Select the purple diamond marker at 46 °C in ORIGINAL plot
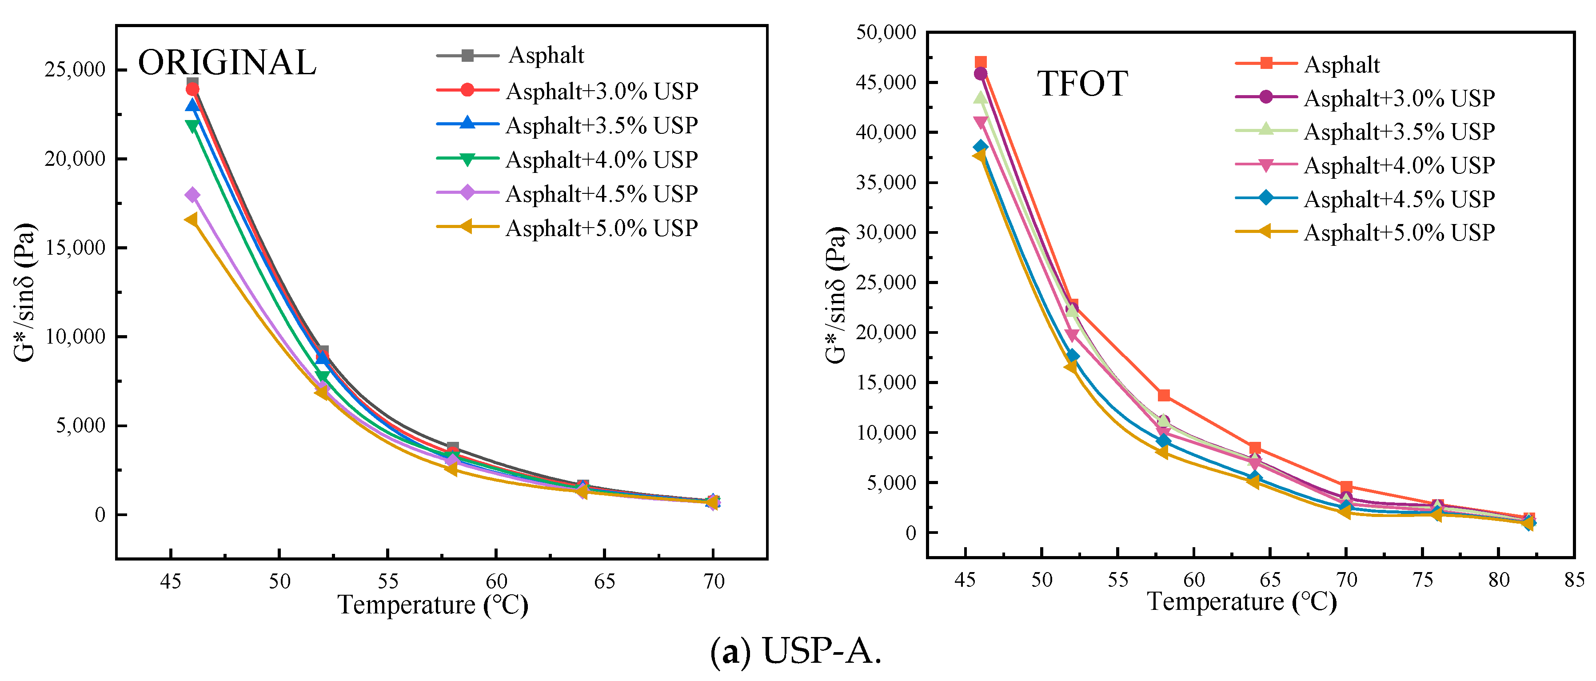[193, 195]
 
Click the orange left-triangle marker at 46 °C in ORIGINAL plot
[192, 219]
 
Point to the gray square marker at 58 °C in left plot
[453, 447]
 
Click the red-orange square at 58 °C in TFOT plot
[1164, 395]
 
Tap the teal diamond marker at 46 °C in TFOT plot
[980, 147]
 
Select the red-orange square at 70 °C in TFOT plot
[1346, 487]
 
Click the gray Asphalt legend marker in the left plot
[468, 56]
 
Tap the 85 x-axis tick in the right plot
[1574, 580]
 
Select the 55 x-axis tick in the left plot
[388, 581]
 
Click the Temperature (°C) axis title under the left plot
[432, 605]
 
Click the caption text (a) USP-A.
[796, 651]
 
